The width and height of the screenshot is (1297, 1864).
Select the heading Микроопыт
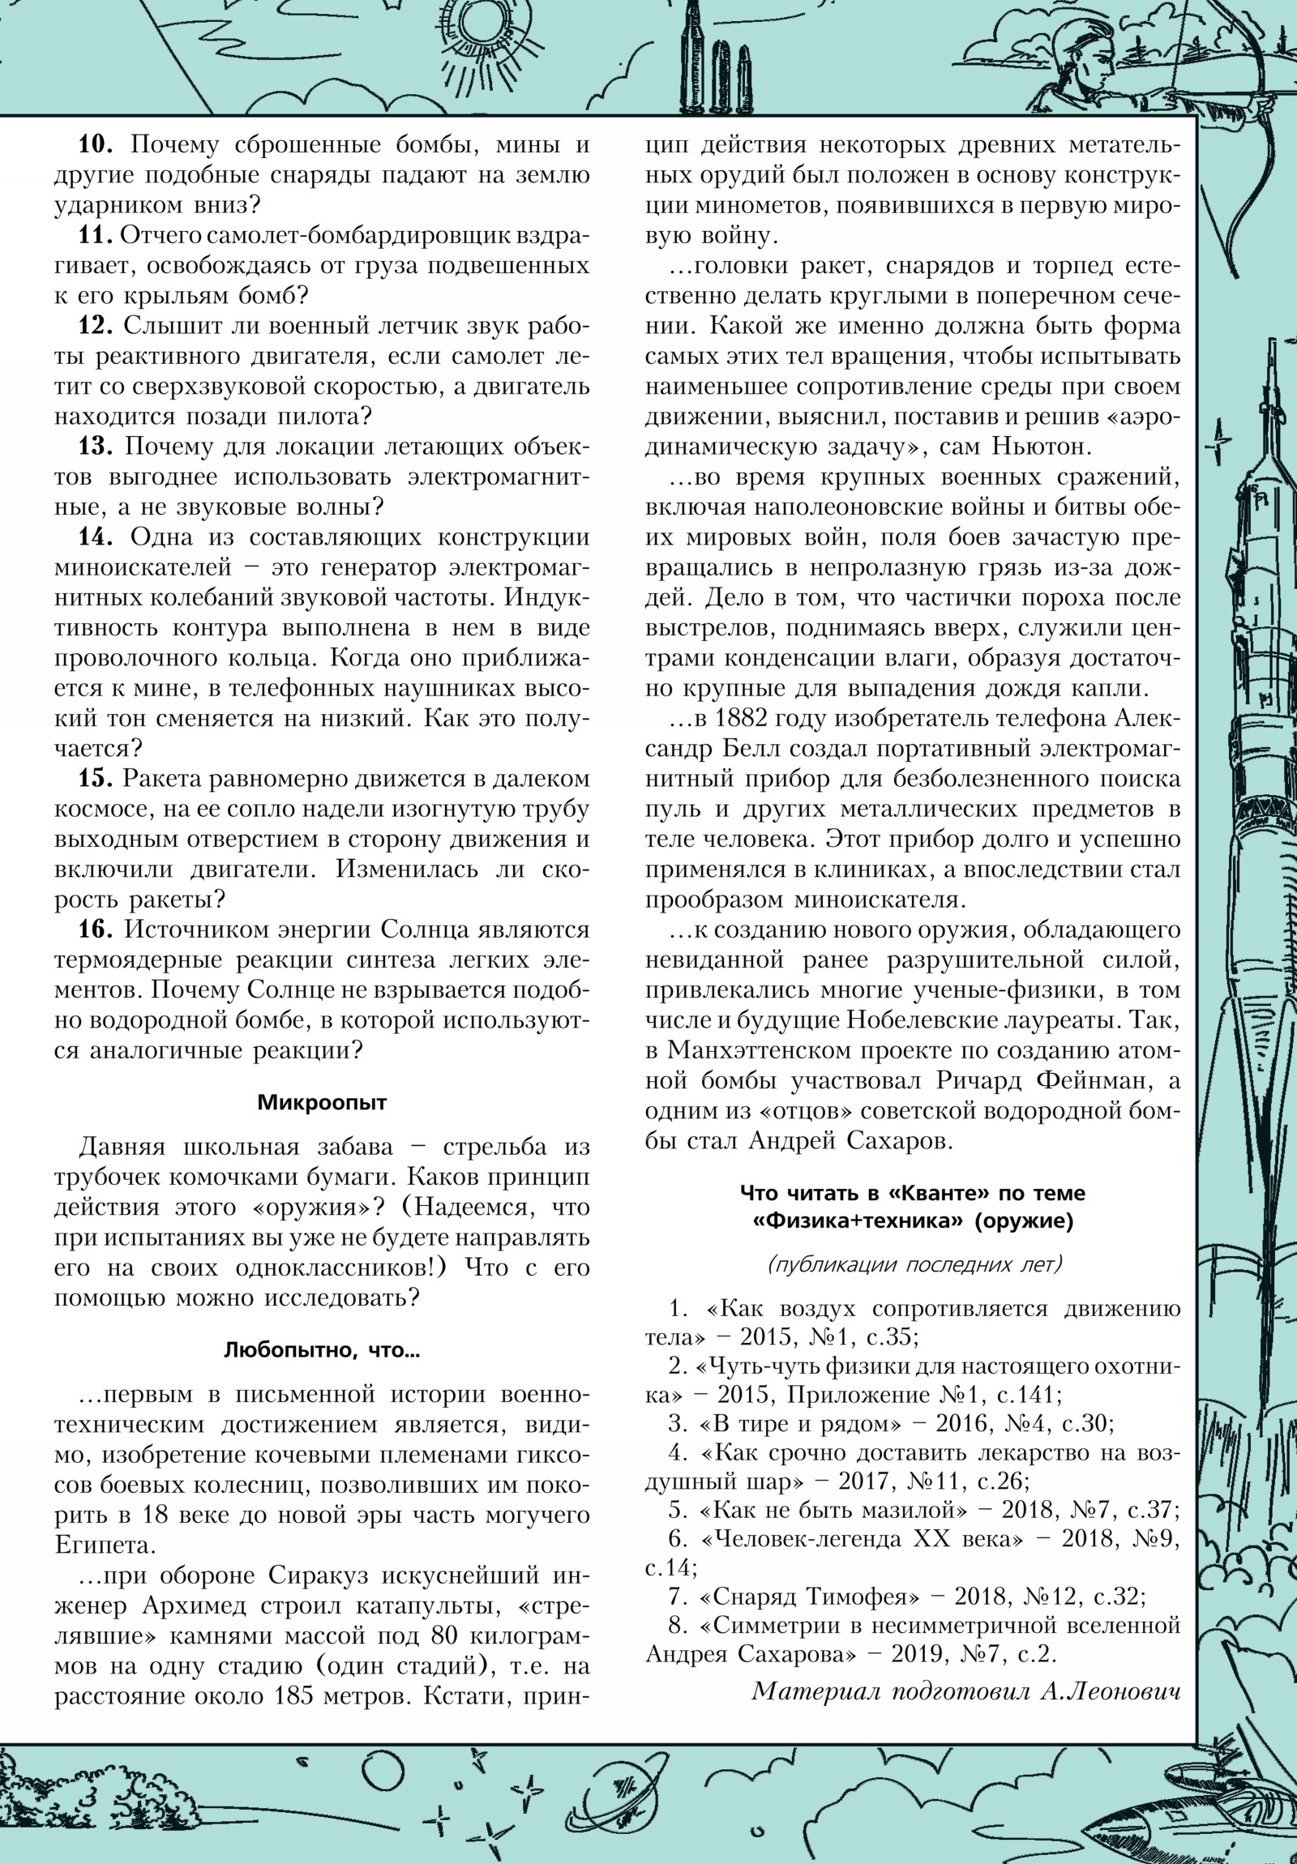point(322,1103)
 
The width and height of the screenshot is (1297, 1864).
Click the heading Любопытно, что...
point(322,1351)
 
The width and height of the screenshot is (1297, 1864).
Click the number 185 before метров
point(295,1698)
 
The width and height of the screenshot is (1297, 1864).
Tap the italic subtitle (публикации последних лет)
point(913,1265)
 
